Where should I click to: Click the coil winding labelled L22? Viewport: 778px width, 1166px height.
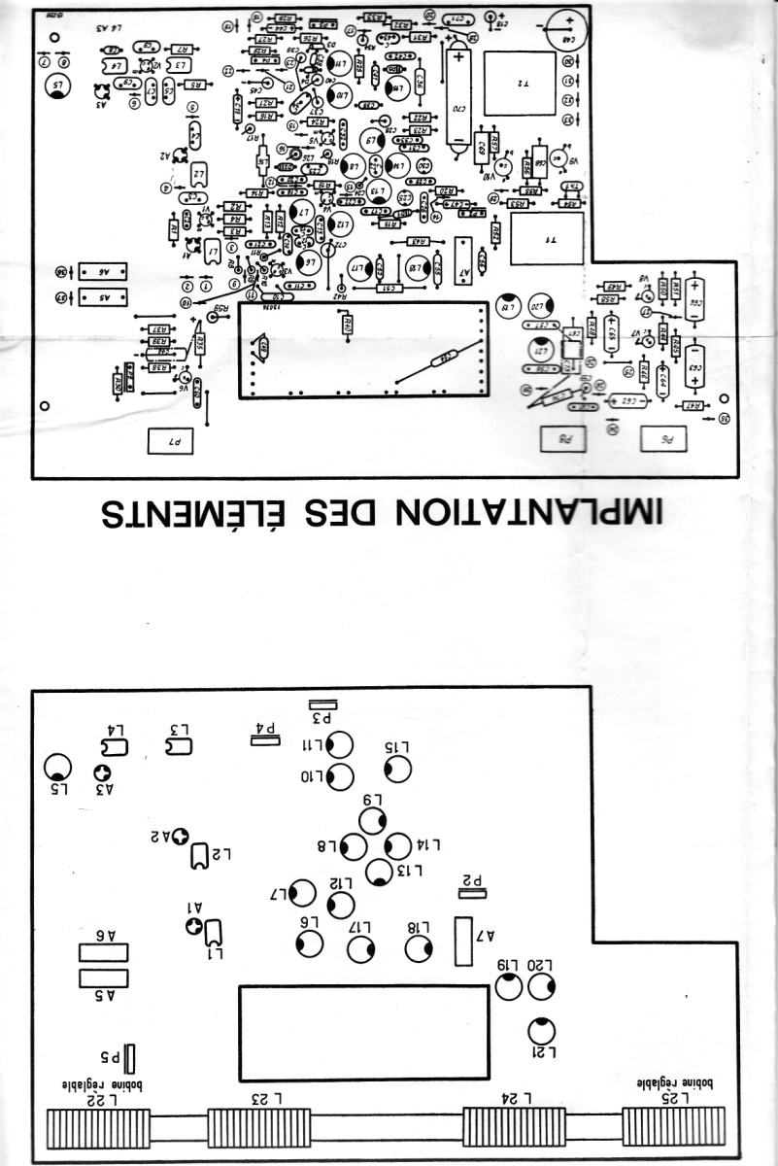click(99, 1128)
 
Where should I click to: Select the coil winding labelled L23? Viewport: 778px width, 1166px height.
click(258, 1128)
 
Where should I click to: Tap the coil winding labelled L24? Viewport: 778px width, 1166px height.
click(514, 1128)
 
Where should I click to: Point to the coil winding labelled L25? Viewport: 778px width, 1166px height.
click(673, 1128)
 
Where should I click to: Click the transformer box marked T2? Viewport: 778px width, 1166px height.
click(519, 85)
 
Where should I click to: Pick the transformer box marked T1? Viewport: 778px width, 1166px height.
click(546, 238)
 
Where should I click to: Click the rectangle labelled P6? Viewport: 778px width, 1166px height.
click(665, 439)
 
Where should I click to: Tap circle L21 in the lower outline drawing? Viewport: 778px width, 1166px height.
click(541, 1030)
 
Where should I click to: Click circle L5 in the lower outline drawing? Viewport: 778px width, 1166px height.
click(58, 769)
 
